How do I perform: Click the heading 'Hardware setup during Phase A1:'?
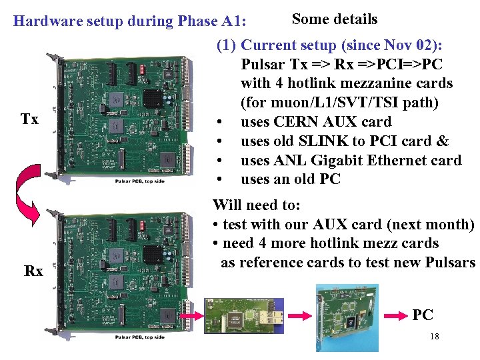tap(130, 21)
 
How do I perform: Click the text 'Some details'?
tap(335, 19)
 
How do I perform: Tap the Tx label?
tap(29, 120)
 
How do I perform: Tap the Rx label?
tap(33, 271)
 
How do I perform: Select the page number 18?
tap(434, 337)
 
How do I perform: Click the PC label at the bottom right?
tap(423, 315)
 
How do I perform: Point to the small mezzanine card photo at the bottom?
tap(244, 313)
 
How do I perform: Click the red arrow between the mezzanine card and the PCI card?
tap(299, 313)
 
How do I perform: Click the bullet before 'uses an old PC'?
tap(219, 180)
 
